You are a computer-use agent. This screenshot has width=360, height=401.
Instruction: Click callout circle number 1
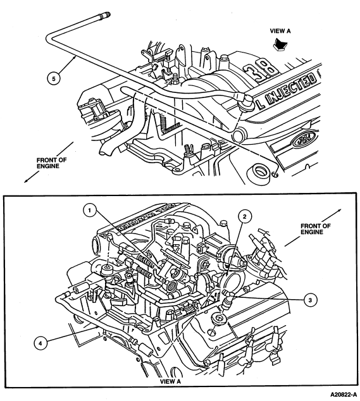click(90, 211)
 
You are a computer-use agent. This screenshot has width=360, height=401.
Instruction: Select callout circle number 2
click(245, 217)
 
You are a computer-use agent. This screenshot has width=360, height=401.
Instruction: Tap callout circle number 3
click(310, 300)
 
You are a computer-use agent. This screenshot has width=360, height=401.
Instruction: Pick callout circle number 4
click(40, 343)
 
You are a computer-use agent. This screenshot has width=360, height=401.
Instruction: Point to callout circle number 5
click(54, 78)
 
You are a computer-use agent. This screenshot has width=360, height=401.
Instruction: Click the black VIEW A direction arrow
click(280, 44)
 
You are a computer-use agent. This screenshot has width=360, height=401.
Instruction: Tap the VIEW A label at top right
click(280, 31)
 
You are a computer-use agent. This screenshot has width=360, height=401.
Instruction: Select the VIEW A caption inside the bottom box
click(170, 381)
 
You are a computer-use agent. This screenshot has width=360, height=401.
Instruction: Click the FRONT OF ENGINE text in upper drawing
click(51, 163)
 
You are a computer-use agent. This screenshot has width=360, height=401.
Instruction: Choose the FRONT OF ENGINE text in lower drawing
click(315, 229)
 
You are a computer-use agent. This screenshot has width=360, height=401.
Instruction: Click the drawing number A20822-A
click(343, 394)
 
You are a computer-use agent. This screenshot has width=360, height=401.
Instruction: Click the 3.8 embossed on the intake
click(261, 71)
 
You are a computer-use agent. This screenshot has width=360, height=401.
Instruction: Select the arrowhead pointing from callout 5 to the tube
click(75, 58)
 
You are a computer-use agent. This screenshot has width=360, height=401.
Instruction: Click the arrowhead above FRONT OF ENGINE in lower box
click(339, 211)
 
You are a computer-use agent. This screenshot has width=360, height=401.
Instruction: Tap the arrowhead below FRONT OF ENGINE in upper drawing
click(26, 181)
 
